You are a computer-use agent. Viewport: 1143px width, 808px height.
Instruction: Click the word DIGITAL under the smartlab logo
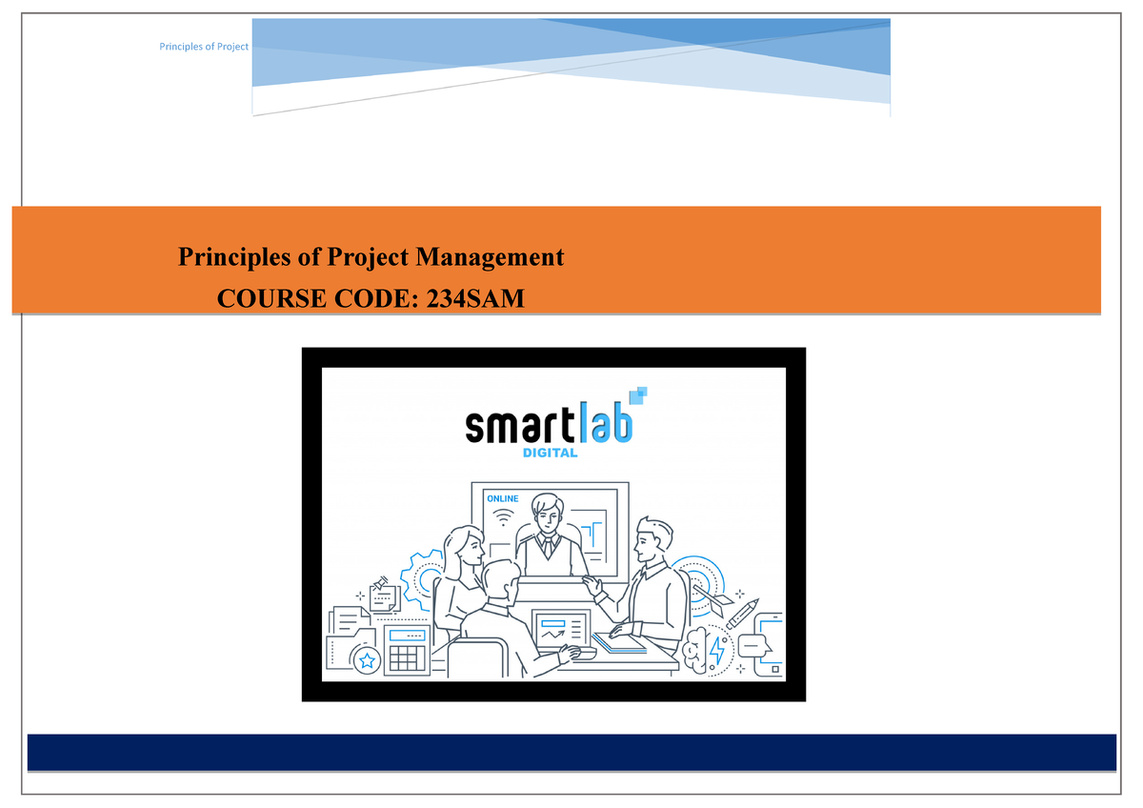pyautogui.click(x=550, y=453)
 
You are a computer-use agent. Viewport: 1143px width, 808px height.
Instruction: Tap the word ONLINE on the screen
pyautogui.click(x=502, y=498)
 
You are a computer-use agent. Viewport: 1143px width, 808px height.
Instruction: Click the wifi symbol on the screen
pyautogui.click(x=503, y=519)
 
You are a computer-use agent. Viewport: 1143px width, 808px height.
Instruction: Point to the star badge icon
pyautogui.click(x=366, y=659)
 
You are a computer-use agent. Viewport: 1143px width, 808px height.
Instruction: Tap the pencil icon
pyautogui.click(x=742, y=613)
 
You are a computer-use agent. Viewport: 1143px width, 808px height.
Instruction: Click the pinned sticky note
pyautogui.click(x=383, y=596)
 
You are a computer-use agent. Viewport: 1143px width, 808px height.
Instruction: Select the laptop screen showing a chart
pyautogui.click(x=561, y=631)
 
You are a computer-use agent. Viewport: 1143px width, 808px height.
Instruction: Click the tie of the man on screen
pyautogui.click(x=547, y=544)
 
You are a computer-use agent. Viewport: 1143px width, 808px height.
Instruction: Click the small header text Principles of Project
pyautogui.click(x=204, y=47)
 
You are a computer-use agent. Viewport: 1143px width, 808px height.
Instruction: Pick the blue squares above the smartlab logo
pyautogui.click(x=640, y=393)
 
